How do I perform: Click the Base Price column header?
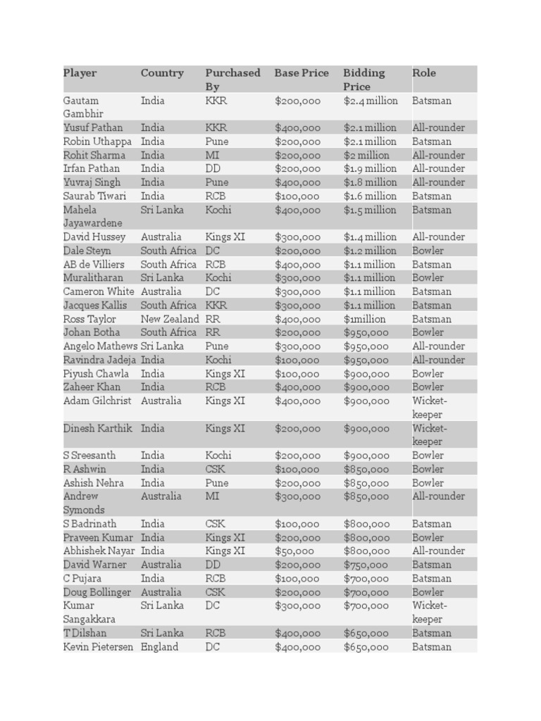[x=301, y=73]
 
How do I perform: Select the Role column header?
[x=424, y=73]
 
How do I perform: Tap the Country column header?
[x=162, y=73]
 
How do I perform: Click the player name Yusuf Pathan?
[x=93, y=128]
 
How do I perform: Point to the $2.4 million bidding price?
[x=371, y=101]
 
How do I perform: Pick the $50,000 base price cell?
[x=294, y=551]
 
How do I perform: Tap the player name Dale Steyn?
[x=87, y=251]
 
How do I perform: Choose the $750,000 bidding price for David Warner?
[x=366, y=565]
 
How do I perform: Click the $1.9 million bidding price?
[x=370, y=169]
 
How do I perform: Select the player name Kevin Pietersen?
[x=98, y=647]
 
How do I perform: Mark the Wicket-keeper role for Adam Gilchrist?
[x=429, y=408]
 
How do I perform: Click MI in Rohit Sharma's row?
[x=213, y=156]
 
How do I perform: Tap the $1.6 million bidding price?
[x=370, y=196]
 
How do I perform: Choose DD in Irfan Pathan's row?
[x=213, y=169]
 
